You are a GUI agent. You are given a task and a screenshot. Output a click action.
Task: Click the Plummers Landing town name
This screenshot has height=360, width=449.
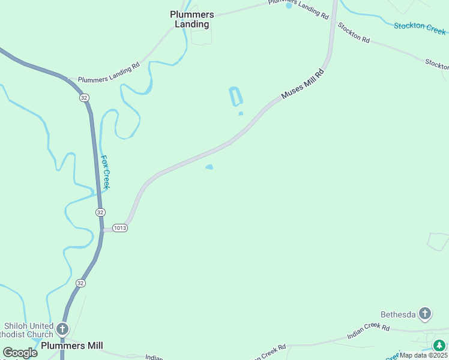pos(190,19)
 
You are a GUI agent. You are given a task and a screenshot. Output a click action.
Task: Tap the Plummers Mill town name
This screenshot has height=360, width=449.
pos(72,346)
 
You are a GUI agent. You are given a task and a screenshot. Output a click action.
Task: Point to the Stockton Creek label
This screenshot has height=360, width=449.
pos(420,27)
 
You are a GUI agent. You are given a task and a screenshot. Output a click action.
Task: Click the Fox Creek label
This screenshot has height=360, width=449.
pos(105,173)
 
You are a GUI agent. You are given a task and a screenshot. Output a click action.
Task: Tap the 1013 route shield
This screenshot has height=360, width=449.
pos(119,229)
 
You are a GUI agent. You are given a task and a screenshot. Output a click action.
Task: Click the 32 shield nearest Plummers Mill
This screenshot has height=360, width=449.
pos(80,283)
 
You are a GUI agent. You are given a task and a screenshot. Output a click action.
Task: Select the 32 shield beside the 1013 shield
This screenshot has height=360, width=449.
pos(100,212)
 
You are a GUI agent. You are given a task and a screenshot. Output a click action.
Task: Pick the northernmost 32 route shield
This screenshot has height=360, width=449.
pos(84,98)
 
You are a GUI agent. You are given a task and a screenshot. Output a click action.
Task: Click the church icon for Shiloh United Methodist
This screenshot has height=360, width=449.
pos(62,329)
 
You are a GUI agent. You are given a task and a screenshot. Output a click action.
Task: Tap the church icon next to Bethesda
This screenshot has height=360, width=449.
pos(425,313)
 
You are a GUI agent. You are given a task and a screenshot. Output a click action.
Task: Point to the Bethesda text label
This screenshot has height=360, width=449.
pos(398,314)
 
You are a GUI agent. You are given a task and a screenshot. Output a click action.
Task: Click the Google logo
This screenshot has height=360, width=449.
pos(20,353)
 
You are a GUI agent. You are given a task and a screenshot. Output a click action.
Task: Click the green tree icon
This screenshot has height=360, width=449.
pos(440,345)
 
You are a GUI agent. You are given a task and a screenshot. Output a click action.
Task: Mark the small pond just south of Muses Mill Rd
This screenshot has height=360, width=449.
pos(209,167)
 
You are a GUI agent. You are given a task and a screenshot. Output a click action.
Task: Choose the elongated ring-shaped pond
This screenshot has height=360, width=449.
pos(236,97)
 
